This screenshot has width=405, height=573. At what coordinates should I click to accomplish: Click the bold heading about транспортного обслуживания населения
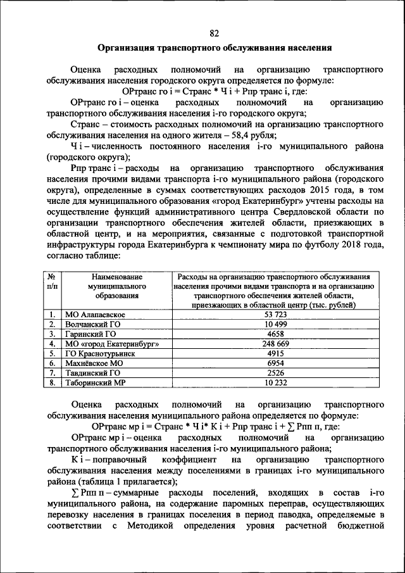coord(214,48)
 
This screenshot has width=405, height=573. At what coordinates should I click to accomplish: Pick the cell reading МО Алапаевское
coord(96,315)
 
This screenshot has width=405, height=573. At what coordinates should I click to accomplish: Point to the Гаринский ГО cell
coord(90,334)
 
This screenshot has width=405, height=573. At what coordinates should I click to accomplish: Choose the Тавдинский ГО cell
coord(93,374)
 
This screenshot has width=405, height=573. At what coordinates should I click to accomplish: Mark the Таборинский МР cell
coord(96,384)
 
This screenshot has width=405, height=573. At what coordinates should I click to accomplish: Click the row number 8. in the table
coord(51,384)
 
